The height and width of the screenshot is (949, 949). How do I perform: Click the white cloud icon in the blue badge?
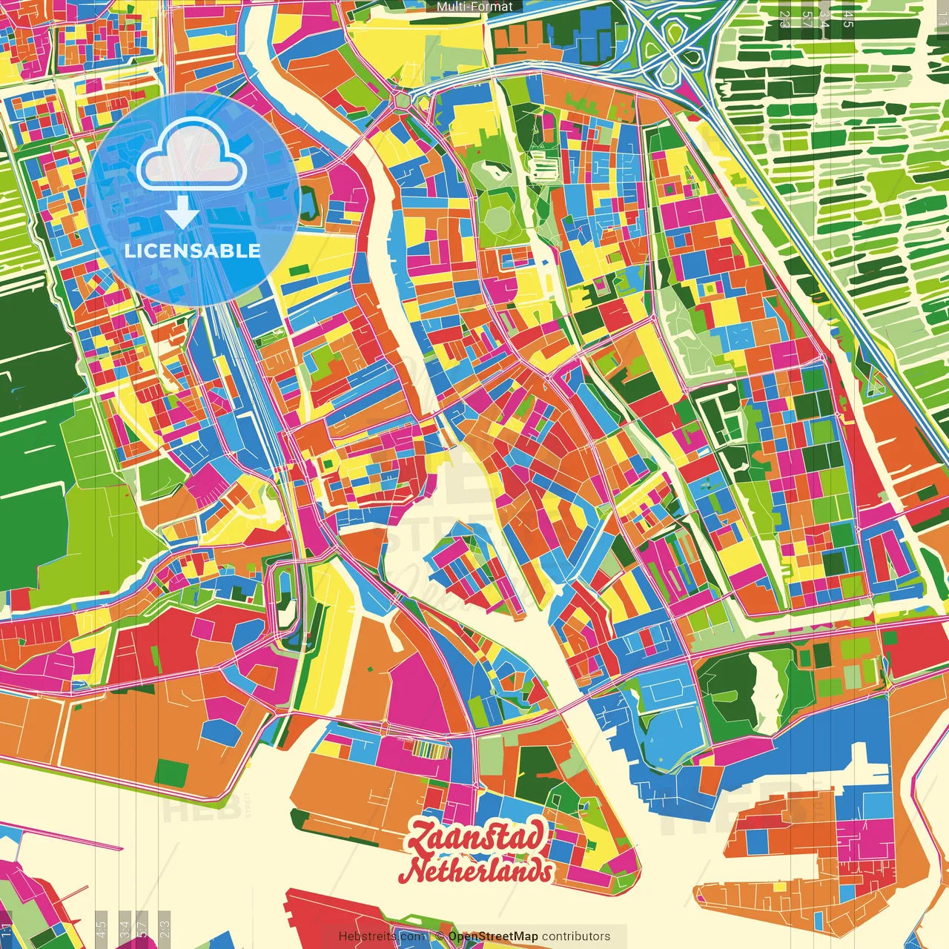[191, 156]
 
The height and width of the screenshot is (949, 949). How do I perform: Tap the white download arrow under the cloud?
[182, 213]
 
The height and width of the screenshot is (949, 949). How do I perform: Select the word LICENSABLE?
[192, 251]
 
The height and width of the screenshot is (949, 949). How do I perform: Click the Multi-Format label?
[474, 7]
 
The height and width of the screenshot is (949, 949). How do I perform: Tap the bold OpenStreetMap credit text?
[493, 936]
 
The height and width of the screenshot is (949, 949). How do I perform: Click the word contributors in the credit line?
[576, 936]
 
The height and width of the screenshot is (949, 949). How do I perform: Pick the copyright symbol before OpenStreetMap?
[439, 936]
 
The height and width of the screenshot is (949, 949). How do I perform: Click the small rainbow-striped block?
[431, 750]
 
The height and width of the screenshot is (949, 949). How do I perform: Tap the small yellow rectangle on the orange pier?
[779, 887]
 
